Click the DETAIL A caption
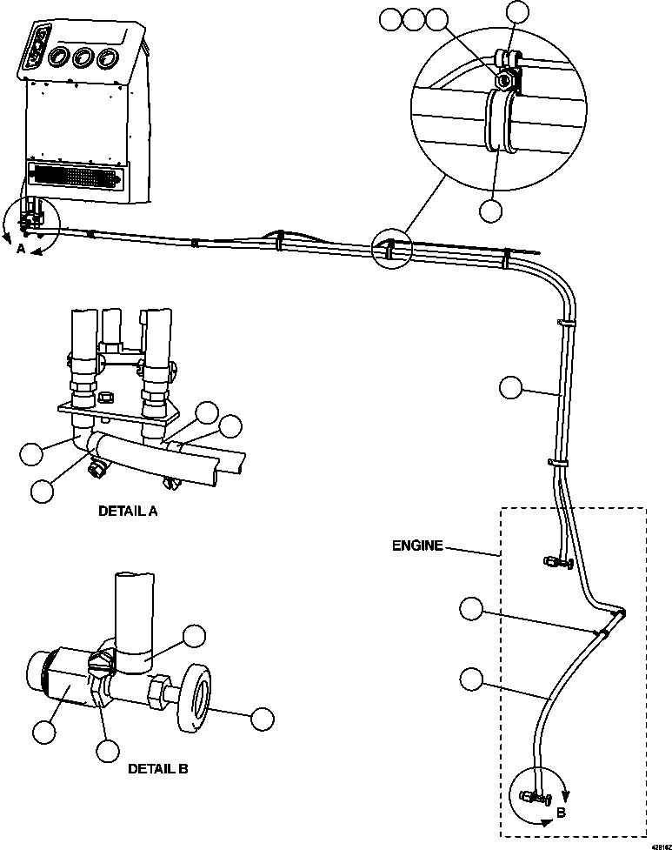128,512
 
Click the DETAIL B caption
157,768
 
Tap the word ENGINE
417,545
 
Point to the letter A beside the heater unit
21,247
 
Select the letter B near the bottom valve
562,812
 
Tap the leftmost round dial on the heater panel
60,59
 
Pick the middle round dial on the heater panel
84,58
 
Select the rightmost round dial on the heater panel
108,58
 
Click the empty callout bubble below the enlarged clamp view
492,210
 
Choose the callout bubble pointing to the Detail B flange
262,719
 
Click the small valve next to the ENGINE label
554,564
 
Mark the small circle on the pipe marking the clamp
388,251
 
